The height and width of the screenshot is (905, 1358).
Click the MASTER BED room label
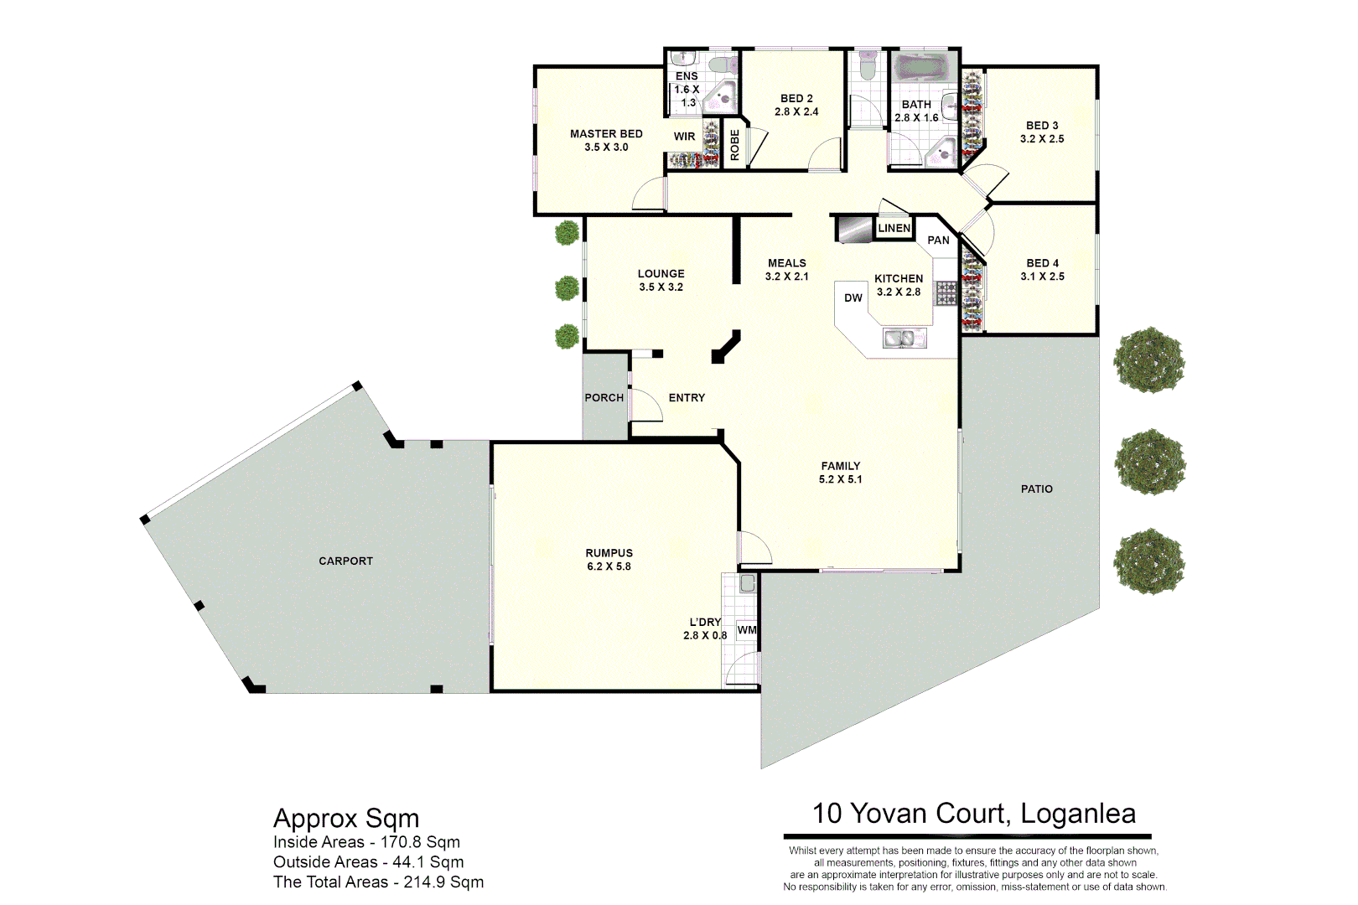point(606,134)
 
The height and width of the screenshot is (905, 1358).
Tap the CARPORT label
point(345,561)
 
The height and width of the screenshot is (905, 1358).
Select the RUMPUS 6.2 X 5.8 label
point(609,560)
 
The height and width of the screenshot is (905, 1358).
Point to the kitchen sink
point(904,339)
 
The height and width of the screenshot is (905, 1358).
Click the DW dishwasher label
point(853,298)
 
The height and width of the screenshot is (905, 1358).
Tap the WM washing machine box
point(747,631)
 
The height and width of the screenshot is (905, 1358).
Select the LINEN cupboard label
point(894,228)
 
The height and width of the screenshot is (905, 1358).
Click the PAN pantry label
point(938,240)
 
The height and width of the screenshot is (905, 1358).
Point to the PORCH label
point(604,398)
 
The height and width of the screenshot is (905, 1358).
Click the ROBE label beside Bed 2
point(735,145)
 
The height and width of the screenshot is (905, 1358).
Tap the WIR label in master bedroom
point(684,137)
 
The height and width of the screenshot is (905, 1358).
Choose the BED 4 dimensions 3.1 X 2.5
point(1042,277)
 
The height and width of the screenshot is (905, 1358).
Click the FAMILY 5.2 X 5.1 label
point(840,473)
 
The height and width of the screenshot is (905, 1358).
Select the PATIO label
point(1036,489)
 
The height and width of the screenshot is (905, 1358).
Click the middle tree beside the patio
point(1150,462)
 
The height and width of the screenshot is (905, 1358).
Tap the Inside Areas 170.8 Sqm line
point(366,842)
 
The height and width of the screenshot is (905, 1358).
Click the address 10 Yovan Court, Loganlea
point(973,814)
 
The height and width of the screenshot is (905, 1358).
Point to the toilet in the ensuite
point(718,65)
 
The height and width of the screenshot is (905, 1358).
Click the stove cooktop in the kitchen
point(946,292)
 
